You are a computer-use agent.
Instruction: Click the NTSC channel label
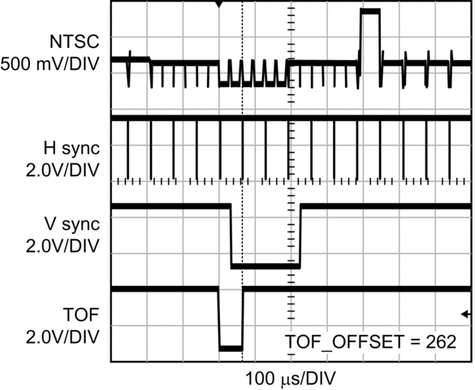(74, 41)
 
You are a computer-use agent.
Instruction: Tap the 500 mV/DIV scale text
(50, 64)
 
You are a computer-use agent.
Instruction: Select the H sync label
(71, 148)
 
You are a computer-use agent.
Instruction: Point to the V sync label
(72, 224)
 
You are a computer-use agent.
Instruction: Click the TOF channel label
(81, 314)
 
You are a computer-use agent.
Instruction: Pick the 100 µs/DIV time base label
(291, 379)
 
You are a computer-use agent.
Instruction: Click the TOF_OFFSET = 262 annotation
(371, 342)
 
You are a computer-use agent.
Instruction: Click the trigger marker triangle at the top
(219, 4)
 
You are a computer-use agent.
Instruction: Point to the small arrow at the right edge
(466, 314)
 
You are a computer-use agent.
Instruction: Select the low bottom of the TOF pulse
(231, 349)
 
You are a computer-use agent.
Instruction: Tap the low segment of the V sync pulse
(266, 266)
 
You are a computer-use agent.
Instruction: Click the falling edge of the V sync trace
(231, 236)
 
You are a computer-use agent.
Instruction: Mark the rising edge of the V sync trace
(300, 236)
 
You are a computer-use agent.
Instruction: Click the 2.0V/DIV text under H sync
(63, 171)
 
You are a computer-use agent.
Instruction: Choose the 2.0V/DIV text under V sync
(63, 246)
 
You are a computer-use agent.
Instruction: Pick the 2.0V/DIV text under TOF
(63, 336)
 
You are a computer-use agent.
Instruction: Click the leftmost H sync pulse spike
(127, 149)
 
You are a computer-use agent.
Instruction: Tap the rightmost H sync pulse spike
(450, 149)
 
